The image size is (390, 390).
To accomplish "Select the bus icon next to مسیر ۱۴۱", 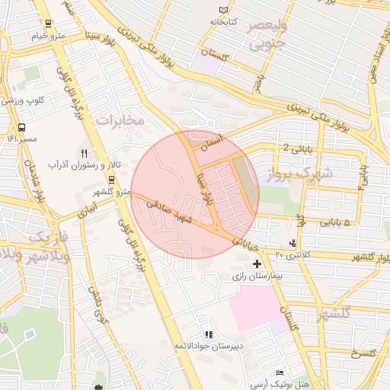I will [21, 128].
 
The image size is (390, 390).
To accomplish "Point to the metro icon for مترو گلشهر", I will [112, 179].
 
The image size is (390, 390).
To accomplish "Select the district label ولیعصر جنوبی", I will [266, 35].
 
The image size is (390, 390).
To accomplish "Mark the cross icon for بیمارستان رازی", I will [256, 263].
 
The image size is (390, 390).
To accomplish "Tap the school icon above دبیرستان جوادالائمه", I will [208, 334].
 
